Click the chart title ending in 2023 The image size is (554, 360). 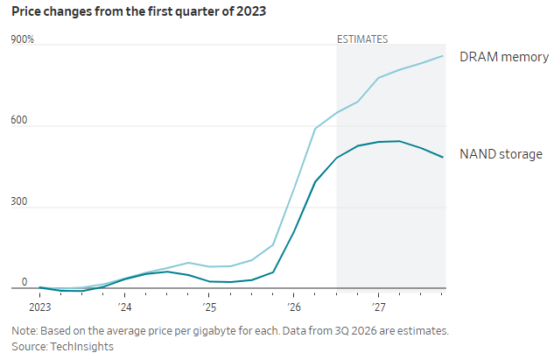coord(138,11)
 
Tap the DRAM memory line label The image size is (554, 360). coord(504,57)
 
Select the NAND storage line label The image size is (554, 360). coord(501,154)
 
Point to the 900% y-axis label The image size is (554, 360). coord(22,39)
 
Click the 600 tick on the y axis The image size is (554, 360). coord(18,120)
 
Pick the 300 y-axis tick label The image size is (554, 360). coord(18,201)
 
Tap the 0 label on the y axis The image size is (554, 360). coord(24,282)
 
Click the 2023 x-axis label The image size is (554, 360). coord(40,307)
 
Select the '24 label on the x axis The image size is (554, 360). coord(125,307)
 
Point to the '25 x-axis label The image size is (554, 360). coord(209,307)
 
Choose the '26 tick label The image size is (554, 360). coord(294,307)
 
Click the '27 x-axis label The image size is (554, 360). coord(378,307)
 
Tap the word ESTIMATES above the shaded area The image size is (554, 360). coord(362,39)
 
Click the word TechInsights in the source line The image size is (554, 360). coord(82,347)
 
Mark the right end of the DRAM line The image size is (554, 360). coord(443,56)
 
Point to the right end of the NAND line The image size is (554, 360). coord(443,158)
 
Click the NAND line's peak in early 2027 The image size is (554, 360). coord(400,141)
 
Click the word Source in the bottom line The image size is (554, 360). coord(30,347)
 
